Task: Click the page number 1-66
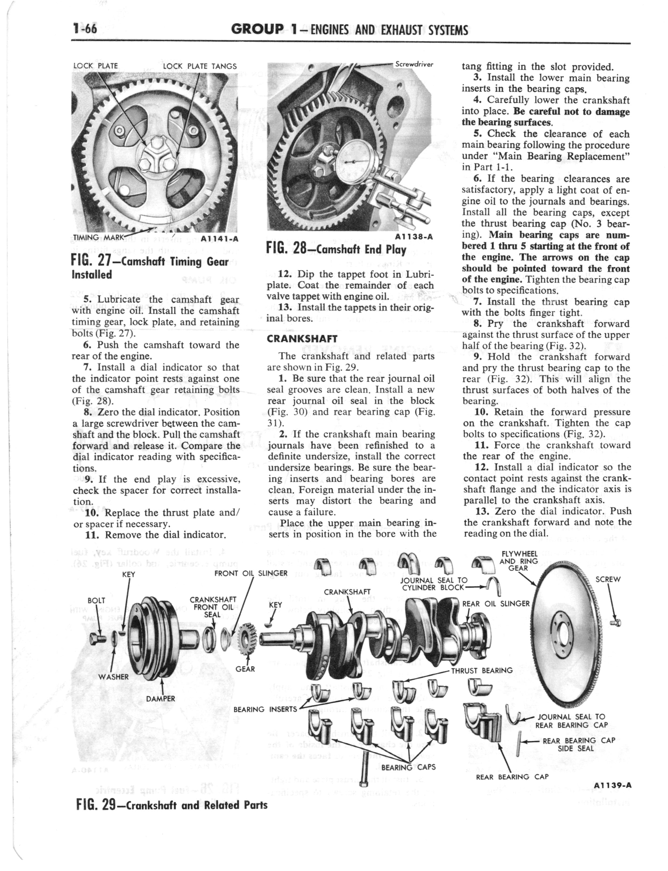(x=84, y=29)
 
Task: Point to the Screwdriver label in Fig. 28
(x=414, y=64)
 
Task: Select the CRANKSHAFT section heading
(x=302, y=339)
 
